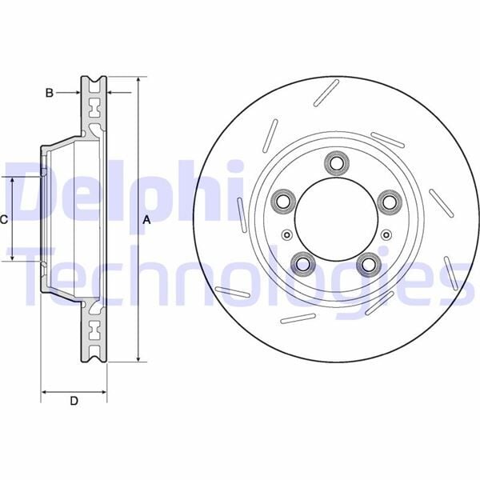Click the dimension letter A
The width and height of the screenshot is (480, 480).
pos(147,219)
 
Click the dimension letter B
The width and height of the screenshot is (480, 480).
pos(49,93)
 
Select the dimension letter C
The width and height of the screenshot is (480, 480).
pos(4,219)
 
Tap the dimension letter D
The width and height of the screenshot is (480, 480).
pos(74,402)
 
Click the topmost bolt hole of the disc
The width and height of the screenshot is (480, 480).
pos(335,164)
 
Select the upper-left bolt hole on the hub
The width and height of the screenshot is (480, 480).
pos(282,201)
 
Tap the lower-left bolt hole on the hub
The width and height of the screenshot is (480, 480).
pos(302,262)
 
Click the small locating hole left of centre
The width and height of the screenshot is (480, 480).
pos(286,234)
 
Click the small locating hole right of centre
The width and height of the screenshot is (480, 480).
pos(386,234)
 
